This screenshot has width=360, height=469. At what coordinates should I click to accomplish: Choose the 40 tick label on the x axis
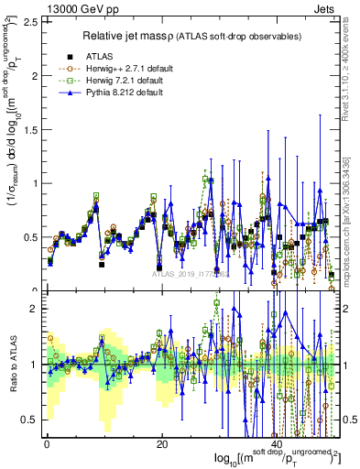click(x=277, y=443)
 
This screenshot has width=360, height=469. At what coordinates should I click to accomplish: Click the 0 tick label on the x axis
click(x=46, y=443)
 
